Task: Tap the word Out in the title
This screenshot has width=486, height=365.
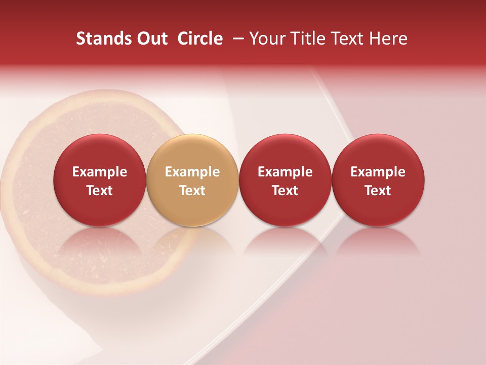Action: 151,39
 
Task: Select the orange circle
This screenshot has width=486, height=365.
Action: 192,180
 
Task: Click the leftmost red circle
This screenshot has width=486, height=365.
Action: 99,180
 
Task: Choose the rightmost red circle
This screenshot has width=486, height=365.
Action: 378,180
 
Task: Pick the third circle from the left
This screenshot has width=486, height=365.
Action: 285,180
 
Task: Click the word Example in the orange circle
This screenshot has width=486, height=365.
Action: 192,172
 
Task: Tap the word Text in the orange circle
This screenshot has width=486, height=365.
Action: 192,191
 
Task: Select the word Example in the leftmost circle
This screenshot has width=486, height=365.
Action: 100,172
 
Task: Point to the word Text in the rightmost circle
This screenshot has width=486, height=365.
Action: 378,191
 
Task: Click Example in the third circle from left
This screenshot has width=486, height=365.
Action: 285,172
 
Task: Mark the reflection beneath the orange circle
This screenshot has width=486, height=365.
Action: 192,243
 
